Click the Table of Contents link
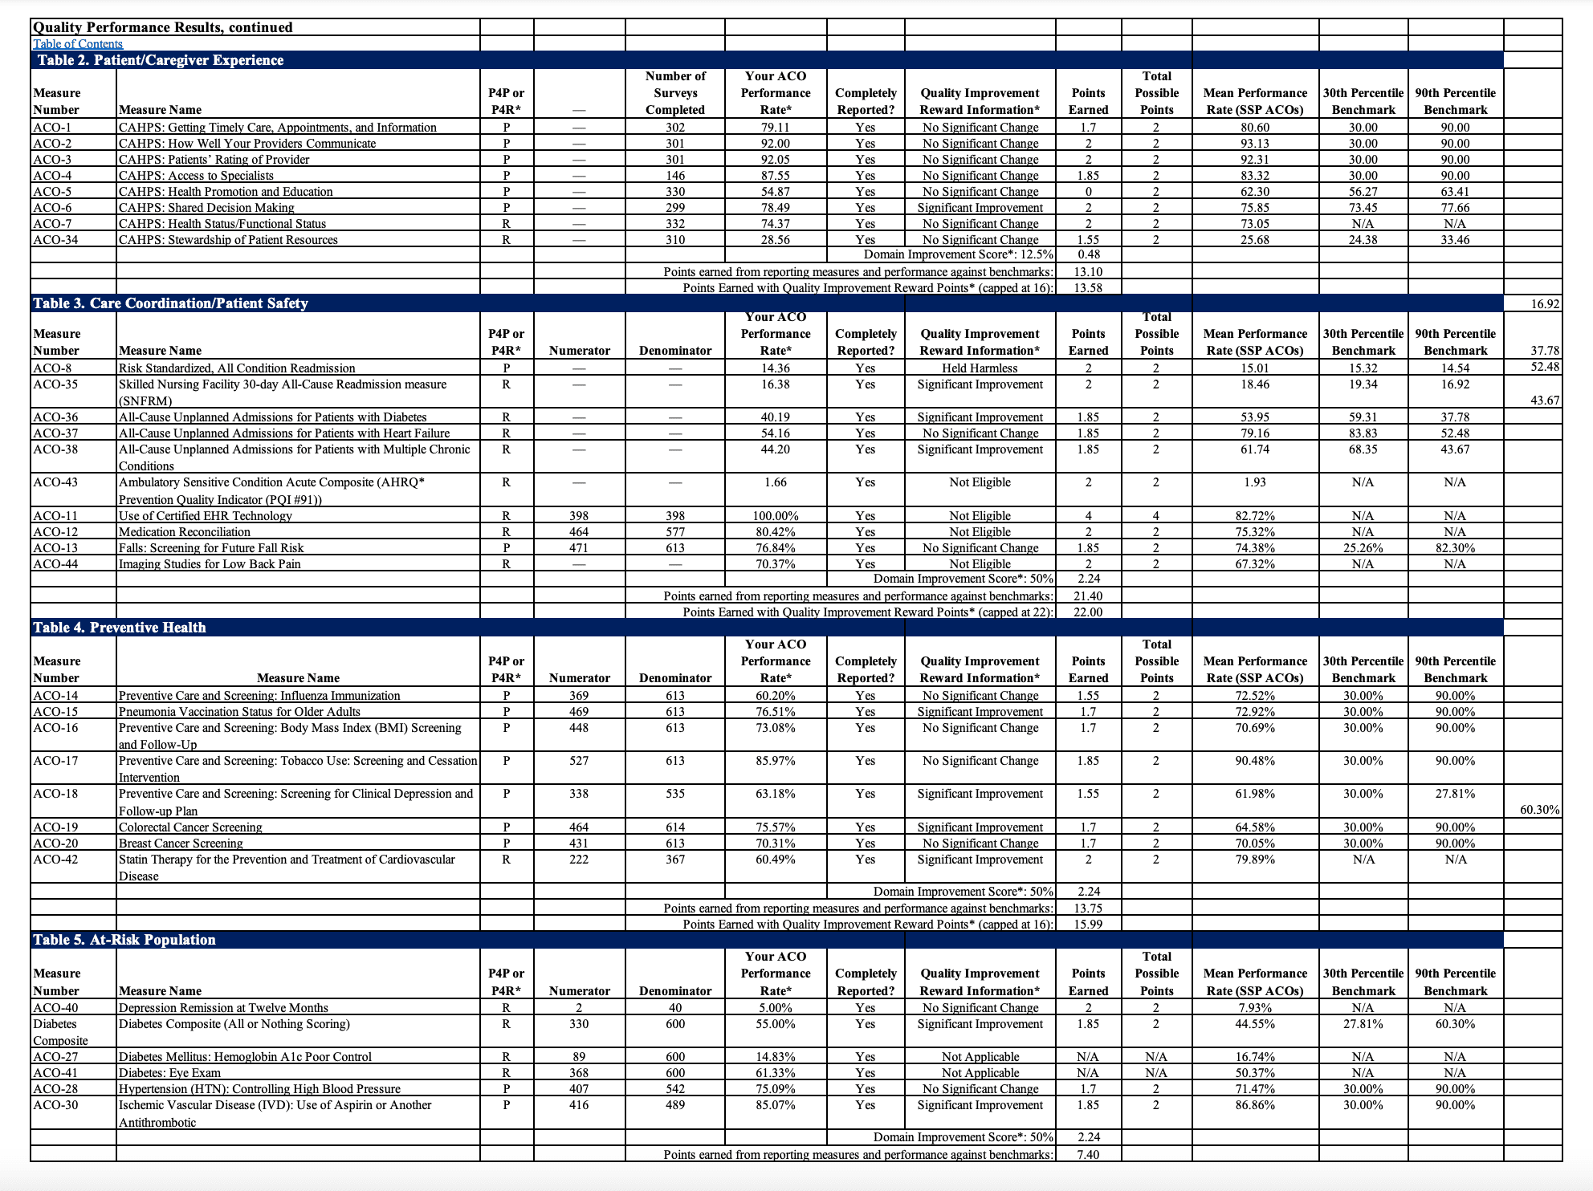[78, 44]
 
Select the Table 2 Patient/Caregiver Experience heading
[161, 60]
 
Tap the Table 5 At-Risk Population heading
[124, 940]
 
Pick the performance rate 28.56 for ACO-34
[775, 240]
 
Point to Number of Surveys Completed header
[675, 93]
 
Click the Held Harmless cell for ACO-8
[980, 368]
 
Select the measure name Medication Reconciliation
[185, 532]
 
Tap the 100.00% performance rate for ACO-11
[775, 516]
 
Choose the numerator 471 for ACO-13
[579, 548]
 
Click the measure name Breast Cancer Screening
[181, 843]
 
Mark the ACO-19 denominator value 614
[675, 827]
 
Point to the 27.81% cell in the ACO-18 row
[1455, 794]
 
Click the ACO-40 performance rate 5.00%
[775, 1008]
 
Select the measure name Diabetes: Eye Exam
[169, 1073]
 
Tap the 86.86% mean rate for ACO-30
[1255, 1105]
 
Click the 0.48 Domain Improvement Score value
[1088, 254]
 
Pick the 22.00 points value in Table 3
[1088, 612]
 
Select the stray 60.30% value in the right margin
[1539, 810]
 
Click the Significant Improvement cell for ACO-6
[980, 208]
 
